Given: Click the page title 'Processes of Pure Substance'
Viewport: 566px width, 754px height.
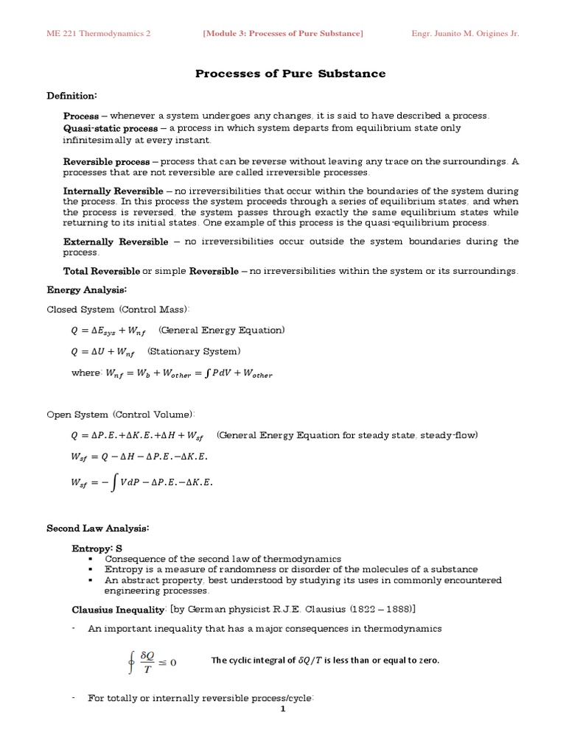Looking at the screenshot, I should pyautogui.click(x=290, y=74).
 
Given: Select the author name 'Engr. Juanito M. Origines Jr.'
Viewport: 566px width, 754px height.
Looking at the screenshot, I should pyautogui.click(x=464, y=34).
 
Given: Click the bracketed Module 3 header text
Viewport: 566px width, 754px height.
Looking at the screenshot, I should pyautogui.click(x=283, y=34).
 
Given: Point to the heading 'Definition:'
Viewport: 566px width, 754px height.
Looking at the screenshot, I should pyautogui.click(x=72, y=96).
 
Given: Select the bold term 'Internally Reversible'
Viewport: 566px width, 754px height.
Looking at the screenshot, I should pyautogui.click(x=113, y=191).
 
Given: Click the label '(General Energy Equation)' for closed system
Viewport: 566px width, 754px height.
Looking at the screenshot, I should pyautogui.click(x=222, y=329).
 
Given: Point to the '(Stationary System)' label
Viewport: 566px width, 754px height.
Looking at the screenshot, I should pyautogui.click(x=195, y=351).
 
